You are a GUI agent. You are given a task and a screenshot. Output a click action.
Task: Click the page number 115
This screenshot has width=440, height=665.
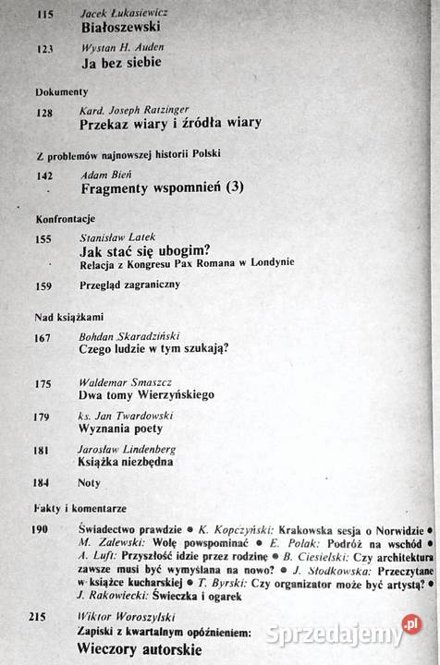(x=44, y=15)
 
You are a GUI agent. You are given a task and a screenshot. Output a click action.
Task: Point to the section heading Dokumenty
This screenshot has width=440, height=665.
(x=61, y=92)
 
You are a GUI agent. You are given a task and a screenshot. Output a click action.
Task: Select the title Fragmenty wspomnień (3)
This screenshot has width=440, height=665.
(x=163, y=187)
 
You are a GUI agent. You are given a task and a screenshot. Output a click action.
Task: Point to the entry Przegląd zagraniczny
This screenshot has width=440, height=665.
(x=130, y=284)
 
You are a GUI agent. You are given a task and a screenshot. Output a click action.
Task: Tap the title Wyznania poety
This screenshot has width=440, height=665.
(x=122, y=429)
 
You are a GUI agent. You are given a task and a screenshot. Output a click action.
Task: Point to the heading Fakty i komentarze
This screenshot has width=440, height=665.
(x=81, y=509)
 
